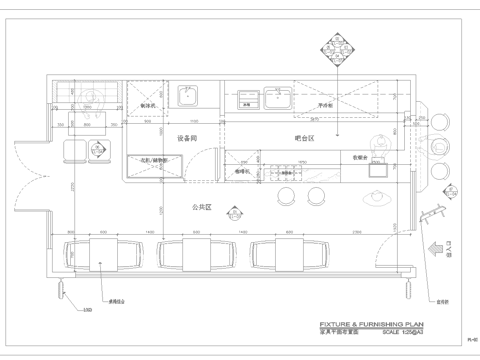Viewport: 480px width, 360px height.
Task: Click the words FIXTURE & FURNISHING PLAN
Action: pyautogui.click(x=371, y=325)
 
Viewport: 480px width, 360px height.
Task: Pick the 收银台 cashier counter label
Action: pyautogui.click(x=361, y=157)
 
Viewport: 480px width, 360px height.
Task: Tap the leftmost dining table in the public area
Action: pyautogui.click(x=103, y=251)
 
